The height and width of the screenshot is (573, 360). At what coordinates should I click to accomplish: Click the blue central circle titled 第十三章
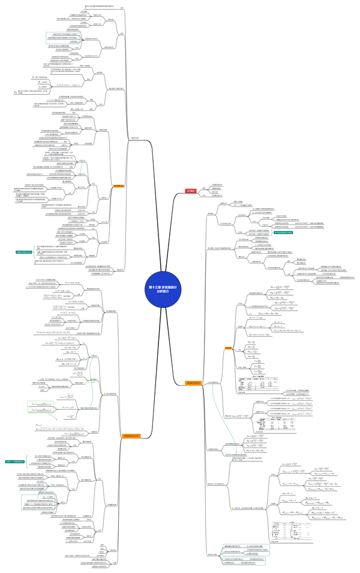coord(163,289)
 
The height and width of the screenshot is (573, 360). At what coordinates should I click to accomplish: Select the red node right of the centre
coord(190,190)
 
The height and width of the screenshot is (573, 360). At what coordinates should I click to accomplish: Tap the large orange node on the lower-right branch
coord(193,382)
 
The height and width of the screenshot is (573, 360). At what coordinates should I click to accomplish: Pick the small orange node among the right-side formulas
coord(228,348)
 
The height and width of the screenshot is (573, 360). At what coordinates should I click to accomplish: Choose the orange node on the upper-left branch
coord(118,186)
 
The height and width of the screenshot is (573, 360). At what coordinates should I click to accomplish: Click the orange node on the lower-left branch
coord(131,436)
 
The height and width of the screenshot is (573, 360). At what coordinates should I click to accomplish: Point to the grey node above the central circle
coord(135,138)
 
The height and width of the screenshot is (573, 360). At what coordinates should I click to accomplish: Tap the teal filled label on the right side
coord(281,232)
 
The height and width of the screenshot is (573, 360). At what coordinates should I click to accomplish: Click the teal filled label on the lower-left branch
coord(14,462)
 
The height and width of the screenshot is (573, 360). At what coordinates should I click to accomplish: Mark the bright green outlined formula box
coord(40,406)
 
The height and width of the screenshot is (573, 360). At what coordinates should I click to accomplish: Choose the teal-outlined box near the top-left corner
coord(62,38)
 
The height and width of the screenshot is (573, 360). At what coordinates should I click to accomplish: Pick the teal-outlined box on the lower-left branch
coord(37,502)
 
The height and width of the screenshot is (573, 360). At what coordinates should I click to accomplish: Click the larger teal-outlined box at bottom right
coord(246,550)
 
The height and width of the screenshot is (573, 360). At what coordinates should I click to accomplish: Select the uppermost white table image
coord(258,384)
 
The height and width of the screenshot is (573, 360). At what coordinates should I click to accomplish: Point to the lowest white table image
coord(291,530)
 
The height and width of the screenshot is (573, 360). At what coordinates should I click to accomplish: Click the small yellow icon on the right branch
coord(232,508)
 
